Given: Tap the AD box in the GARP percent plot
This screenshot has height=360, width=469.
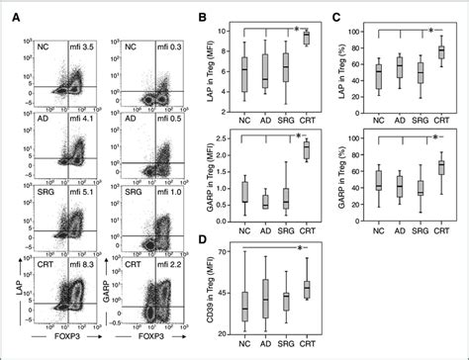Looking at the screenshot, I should pyautogui.click(x=400, y=184).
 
